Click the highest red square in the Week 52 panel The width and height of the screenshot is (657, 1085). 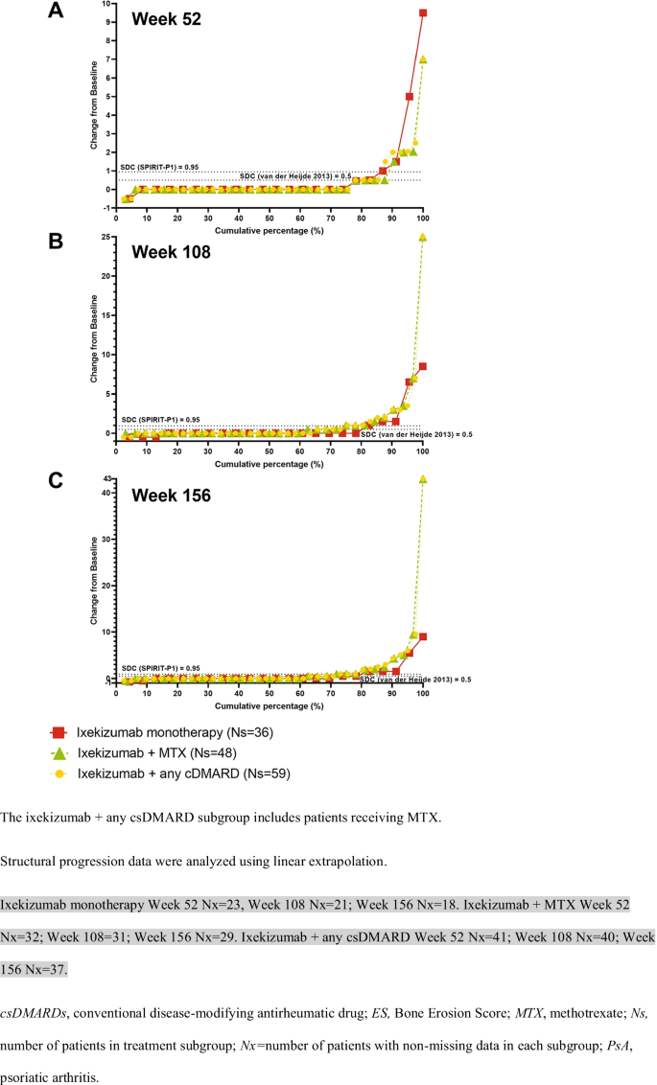coord(422,12)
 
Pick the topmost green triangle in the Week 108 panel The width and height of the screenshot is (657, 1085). coord(423,237)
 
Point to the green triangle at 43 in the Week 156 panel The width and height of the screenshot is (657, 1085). coord(423,478)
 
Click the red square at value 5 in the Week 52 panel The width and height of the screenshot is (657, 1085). coord(410,97)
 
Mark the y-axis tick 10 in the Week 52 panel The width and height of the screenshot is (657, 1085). coord(107,4)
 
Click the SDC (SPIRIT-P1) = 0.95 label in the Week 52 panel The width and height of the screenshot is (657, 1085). coord(159,167)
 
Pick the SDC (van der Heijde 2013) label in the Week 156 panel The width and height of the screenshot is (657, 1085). coord(415,679)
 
